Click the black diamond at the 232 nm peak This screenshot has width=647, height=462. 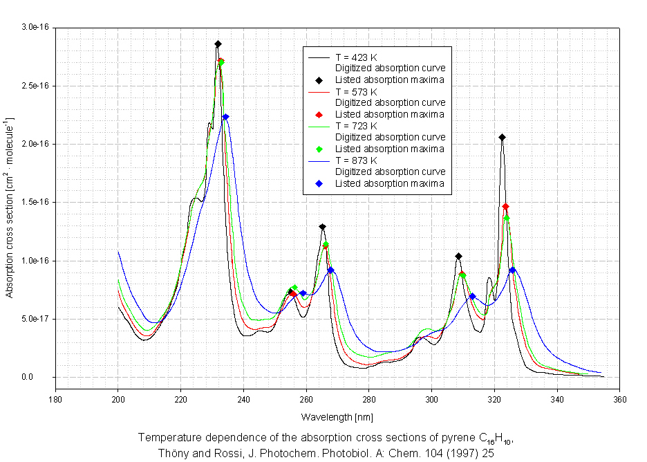(x=218, y=44)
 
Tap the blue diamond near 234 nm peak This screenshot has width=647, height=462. (x=225, y=117)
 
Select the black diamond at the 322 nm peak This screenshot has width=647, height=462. (x=502, y=138)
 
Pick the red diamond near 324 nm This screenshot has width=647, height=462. (x=506, y=207)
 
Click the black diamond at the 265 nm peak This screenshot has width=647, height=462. (x=322, y=227)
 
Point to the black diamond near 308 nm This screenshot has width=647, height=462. (x=458, y=257)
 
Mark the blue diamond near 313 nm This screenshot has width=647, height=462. (x=472, y=297)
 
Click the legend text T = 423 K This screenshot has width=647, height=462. (x=355, y=57)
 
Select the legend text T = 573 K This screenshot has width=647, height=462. (x=355, y=91)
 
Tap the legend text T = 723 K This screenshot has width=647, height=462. (x=355, y=126)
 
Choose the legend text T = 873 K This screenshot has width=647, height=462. (x=355, y=160)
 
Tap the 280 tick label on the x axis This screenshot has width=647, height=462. (x=369, y=399)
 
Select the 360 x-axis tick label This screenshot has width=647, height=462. (x=619, y=399)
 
